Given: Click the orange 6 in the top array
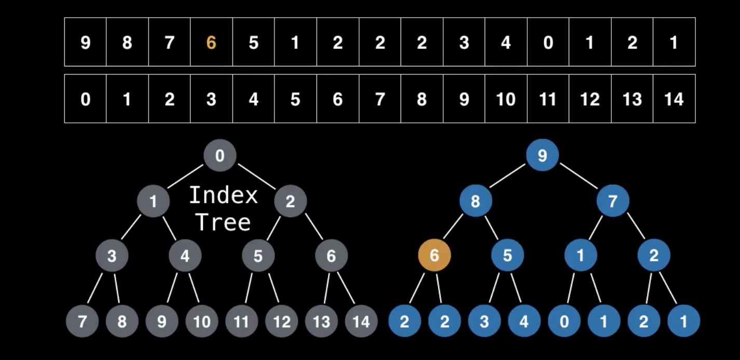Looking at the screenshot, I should tap(211, 43).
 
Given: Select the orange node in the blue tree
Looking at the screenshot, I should tap(434, 255).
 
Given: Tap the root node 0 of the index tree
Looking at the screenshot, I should tap(220, 156).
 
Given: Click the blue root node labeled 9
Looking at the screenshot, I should tap(542, 156).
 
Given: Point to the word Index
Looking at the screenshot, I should tap(223, 196).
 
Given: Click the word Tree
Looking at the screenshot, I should tap(223, 223).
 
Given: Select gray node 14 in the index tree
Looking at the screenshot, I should tap(361, 322).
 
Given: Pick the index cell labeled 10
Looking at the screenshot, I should tap(505, 99).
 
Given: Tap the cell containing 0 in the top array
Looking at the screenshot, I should tap(547, 43).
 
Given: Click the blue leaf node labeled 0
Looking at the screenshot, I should tap(564, 322).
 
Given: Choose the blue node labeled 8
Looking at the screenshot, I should tap(475, 201).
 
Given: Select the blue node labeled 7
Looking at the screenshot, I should tap(613, 201).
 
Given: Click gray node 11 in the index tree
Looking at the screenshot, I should tap(241, 322).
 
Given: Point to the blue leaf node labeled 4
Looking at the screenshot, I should tap(524, 322).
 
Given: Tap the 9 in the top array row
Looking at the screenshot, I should tap(85, 43).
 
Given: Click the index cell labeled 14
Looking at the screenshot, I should tap(674, 99).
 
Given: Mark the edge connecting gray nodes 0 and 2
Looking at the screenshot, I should tap(256, 177).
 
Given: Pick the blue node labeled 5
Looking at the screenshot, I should tap(508, 255).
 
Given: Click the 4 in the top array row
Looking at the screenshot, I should tap(505, 43).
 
